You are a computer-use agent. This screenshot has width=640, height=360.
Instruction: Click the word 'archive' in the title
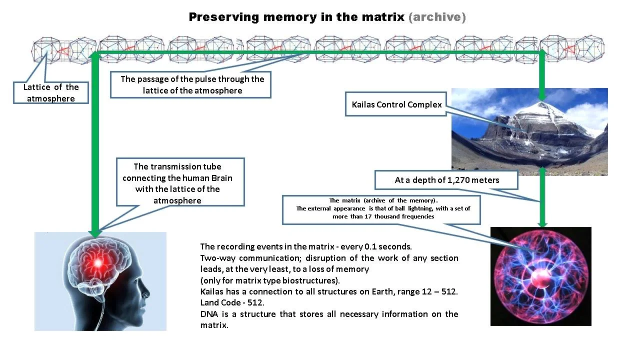(x=437, y=17)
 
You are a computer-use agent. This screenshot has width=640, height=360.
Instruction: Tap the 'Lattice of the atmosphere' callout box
(x=51, y=93)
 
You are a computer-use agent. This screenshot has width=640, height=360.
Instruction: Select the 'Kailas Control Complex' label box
(x=396, y=104)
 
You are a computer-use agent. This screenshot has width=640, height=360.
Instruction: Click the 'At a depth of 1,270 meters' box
(x=446, y=180)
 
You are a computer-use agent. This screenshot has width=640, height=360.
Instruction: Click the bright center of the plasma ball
(x=539, y=276)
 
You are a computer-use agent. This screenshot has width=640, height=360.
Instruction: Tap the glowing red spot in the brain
(x=97, y=262)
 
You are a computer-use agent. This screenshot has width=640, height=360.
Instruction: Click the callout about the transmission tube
(x=180, y=183)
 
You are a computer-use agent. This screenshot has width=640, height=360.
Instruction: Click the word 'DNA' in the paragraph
(x=209, y=314)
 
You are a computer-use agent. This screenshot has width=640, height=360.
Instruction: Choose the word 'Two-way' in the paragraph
(x=217, y=258)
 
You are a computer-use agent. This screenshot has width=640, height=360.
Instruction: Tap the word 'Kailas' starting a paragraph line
(x=211, y=291)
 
